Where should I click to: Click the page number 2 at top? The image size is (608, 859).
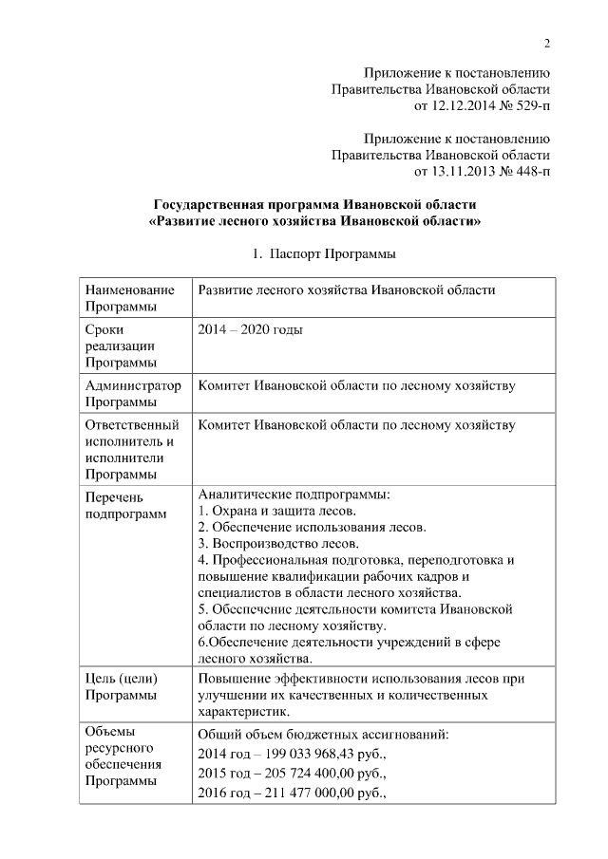tap(546, 43)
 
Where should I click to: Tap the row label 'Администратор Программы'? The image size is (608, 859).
tap(132, 395)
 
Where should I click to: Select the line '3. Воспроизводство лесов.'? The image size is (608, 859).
tap(277, 544)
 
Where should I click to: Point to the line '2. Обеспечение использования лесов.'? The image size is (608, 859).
tap(312, 527)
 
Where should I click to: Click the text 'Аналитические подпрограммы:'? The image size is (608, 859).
tap(294, 495)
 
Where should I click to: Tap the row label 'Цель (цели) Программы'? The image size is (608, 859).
tap(122, 686)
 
